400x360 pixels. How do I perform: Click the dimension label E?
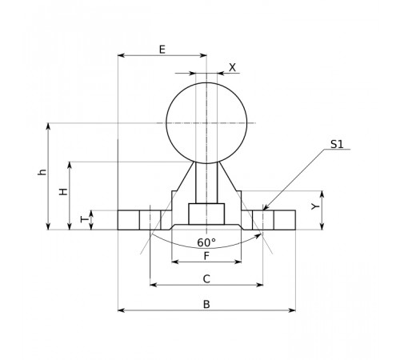(162, 50)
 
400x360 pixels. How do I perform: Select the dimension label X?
(233, 68)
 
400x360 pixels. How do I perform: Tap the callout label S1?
(337, 144)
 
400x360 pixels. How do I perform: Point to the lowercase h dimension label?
(42, 172)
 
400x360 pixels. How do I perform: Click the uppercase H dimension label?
(63, 191)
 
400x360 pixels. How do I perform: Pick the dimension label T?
(84, 219)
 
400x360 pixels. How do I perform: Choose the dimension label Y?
(315, 206)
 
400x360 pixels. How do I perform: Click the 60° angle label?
(206, 242)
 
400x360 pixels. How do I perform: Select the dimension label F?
(206, 256)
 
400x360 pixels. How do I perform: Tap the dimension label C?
(206, 279)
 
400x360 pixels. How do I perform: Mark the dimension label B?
(206, 304)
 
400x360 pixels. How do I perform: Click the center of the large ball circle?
(206, 123)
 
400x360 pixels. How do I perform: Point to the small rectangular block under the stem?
(206, 214)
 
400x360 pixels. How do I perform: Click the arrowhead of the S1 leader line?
(265, 208)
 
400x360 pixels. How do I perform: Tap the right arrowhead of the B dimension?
(292, 310)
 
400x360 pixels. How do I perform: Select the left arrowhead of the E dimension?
(121, 55)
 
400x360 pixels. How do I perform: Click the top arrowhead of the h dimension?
(48, 126)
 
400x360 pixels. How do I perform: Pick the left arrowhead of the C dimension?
(153, 285)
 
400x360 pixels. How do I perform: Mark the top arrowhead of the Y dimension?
(322, 194)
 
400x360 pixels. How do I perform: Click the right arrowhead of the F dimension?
(238, 262)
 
